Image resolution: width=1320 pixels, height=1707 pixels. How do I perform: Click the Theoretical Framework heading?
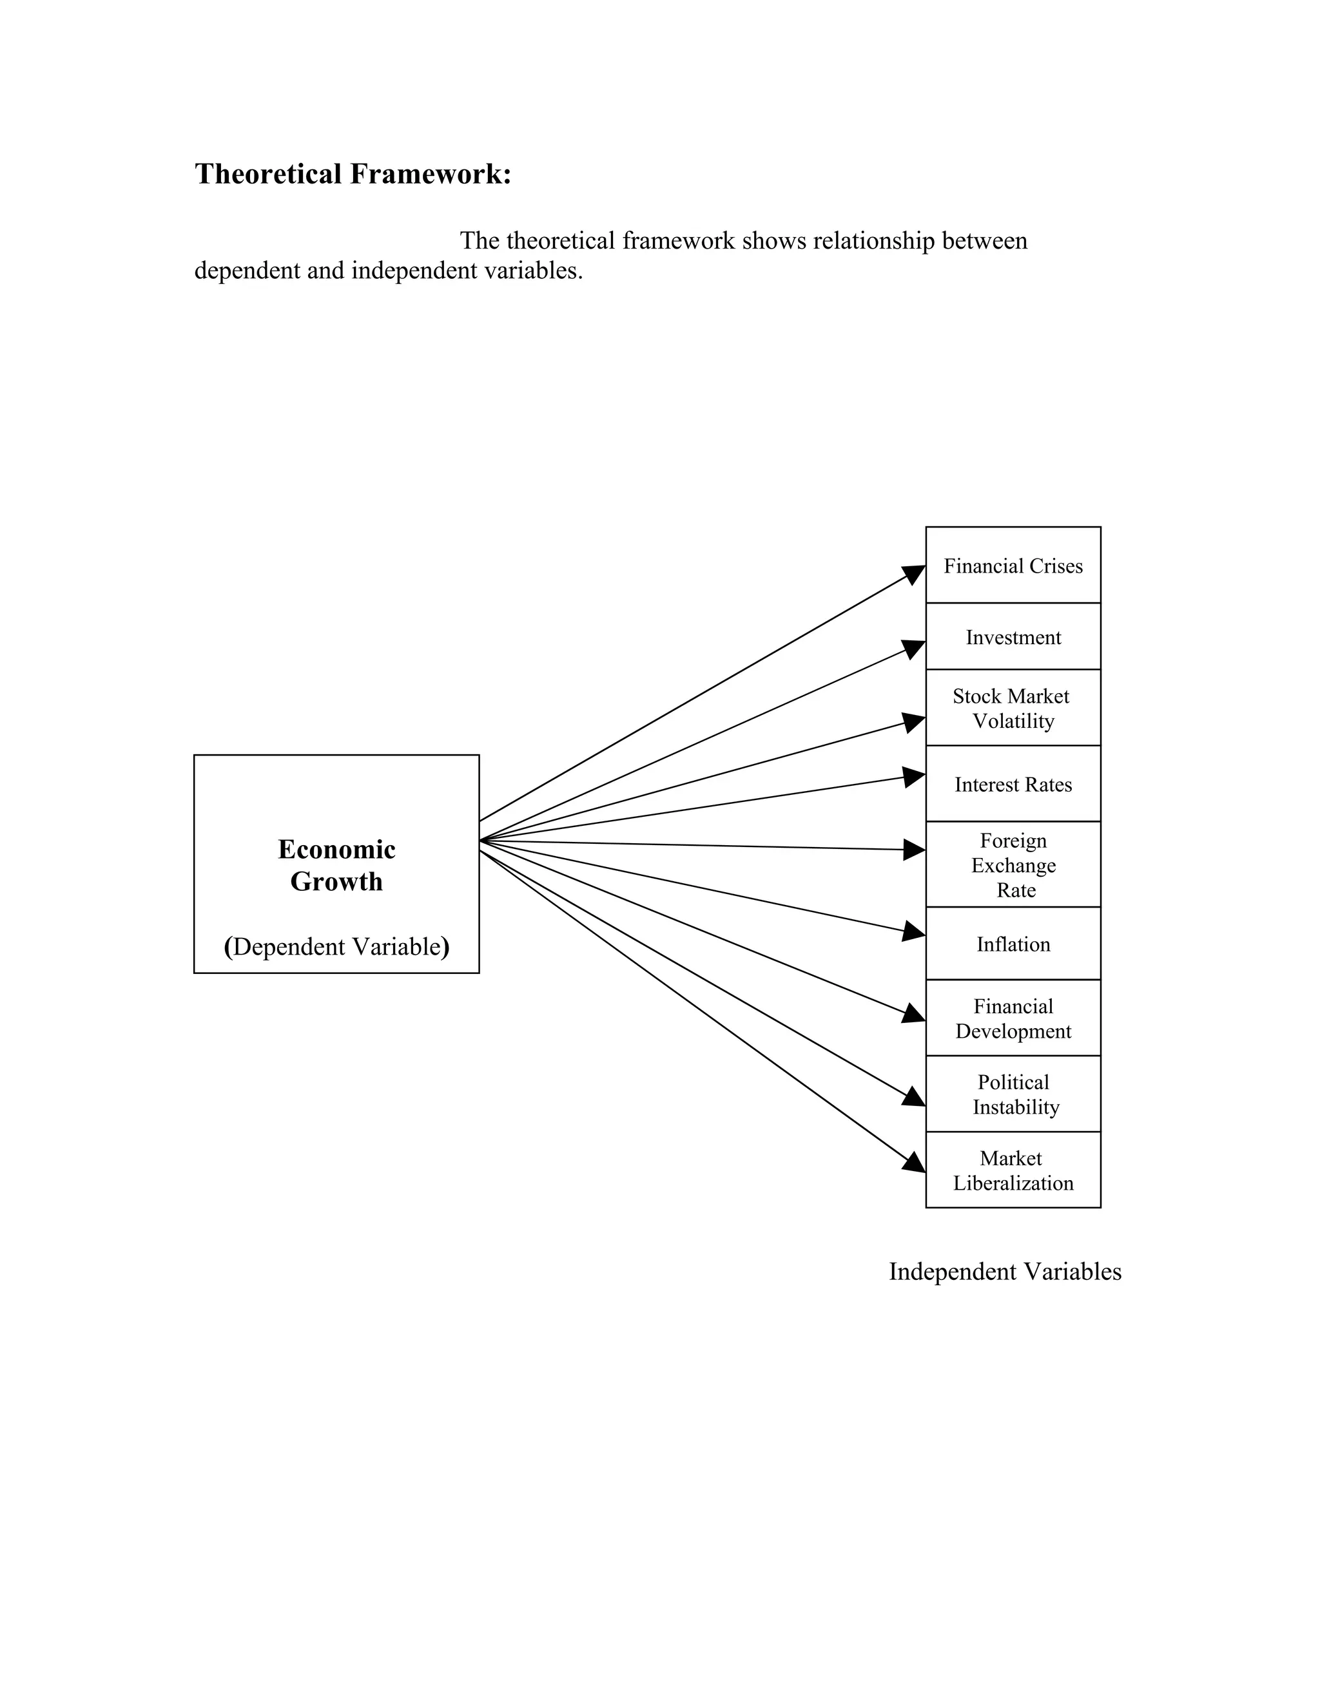[353, 173]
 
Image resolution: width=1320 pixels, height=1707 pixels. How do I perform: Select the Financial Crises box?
[1013, 566]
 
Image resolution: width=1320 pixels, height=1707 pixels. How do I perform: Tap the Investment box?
[1013, 637]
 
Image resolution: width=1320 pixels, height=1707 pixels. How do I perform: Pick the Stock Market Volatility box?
[1013, 708]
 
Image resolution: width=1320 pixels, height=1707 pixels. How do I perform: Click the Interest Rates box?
[1013, 784]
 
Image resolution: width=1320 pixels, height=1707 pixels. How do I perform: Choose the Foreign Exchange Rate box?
[1013, 864]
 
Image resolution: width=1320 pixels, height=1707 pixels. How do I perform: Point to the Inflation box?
[1013, 944]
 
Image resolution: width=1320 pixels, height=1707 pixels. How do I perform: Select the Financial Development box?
[1013, 1018]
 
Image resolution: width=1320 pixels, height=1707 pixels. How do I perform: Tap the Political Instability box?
[1013, 1094]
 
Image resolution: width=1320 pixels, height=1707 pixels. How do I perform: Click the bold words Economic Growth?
[336, 865]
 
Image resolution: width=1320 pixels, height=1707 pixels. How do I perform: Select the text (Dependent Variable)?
[336, 946]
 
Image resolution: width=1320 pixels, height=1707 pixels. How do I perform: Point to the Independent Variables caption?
[1005, 1272]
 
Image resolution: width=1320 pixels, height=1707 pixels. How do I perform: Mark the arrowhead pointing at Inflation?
[914, 931]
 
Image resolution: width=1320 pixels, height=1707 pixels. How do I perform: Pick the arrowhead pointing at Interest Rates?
[914, 777]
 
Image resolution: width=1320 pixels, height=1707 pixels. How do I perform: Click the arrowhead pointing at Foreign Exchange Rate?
[914, 850]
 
